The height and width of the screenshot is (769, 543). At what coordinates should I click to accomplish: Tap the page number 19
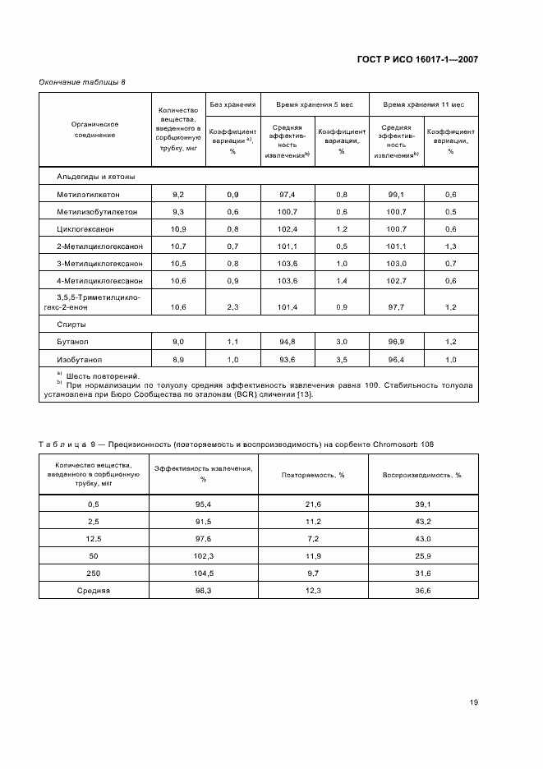474,702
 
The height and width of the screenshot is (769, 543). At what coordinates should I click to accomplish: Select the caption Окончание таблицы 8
82,83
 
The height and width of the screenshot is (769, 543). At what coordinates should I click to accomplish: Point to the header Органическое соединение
94,130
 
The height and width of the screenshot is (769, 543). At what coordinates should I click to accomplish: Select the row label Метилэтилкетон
90,193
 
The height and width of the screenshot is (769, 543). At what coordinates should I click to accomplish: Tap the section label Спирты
71,324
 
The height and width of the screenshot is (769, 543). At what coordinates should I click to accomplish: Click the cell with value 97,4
288,193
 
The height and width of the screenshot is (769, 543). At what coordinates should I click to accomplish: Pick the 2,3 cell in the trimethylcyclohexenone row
232,306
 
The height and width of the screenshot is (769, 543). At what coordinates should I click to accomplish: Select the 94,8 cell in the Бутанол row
288,341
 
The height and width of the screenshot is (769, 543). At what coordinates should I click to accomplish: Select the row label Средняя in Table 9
93,591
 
